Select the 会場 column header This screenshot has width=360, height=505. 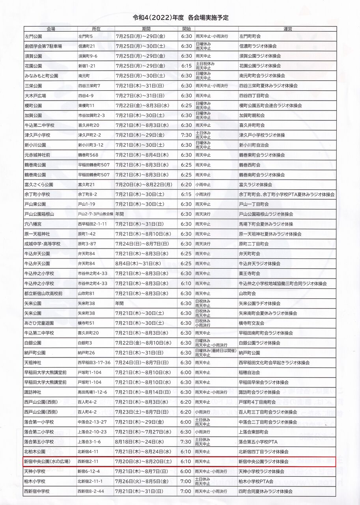(50, 29)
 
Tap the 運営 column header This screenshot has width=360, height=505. (287, 29)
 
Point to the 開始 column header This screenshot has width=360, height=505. (187, 29)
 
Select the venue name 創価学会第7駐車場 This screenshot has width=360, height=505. (43, 46)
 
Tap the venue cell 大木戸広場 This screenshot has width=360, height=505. (35, 95)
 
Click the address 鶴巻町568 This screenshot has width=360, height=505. (88, 155)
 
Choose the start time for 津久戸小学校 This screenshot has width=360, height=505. (186, 135)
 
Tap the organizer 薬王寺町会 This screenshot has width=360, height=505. (250, 273)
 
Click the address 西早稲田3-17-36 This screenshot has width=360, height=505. (94, 363)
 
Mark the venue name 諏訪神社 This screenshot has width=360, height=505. (33, 392)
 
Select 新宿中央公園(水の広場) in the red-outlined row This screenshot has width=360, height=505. (47, 462)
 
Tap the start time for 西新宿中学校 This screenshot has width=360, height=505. (186, 491)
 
